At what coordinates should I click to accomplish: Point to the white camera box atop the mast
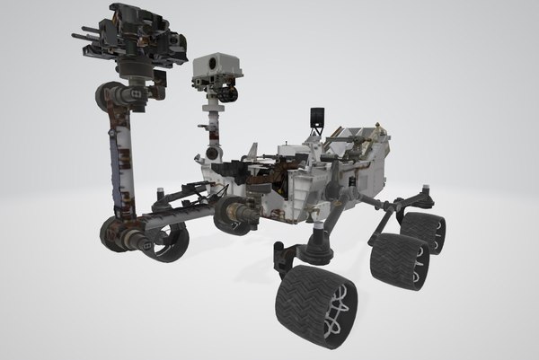pos(215,67)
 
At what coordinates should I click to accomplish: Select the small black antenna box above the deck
pos(315,118)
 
